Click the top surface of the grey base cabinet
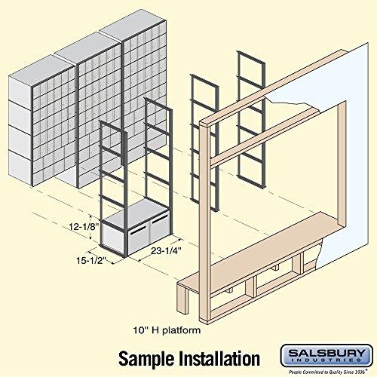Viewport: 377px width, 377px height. coord(136,215)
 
